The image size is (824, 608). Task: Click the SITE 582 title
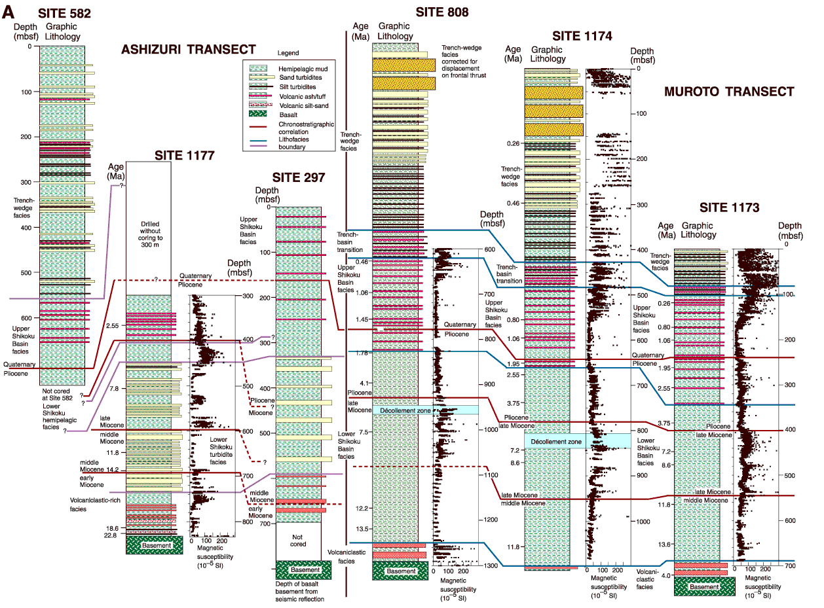pos(64,13)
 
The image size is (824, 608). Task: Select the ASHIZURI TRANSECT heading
pos(189,49)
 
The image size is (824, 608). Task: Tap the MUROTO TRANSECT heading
pos(729,92)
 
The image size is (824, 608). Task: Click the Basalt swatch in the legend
pos(258,115)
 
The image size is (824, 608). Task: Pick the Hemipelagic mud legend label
pos(303,69)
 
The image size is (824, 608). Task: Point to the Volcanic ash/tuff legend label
pos(302,96)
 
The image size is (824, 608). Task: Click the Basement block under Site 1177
pos(155,545)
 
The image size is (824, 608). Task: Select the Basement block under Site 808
pos(400,571)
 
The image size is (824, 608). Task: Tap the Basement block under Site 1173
pos(704,586)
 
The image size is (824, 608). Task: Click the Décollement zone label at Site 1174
pos(555,441)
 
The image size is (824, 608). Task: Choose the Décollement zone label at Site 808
pos(405,410)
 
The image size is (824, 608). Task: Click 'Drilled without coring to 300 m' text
pos(150,234)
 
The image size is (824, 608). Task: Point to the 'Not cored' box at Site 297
pos(298,541)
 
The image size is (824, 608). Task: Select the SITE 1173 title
pos(729,207)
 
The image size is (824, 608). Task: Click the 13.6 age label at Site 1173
pos(664,544)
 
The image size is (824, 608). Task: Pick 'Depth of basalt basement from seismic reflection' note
pos(299,591)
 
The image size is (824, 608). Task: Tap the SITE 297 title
pos(298,177)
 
